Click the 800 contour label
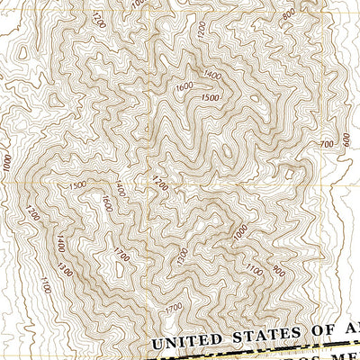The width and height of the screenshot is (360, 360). (x=288, y=14)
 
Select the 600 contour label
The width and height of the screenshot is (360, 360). (x=346, y=141)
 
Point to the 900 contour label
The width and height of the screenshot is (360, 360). (x=277, y=272)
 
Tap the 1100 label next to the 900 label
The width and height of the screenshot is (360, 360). (x=256, y=267)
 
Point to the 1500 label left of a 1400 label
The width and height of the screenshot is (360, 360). (x=77, y=184)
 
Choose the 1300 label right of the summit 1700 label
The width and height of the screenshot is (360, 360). (x=183, y=256)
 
